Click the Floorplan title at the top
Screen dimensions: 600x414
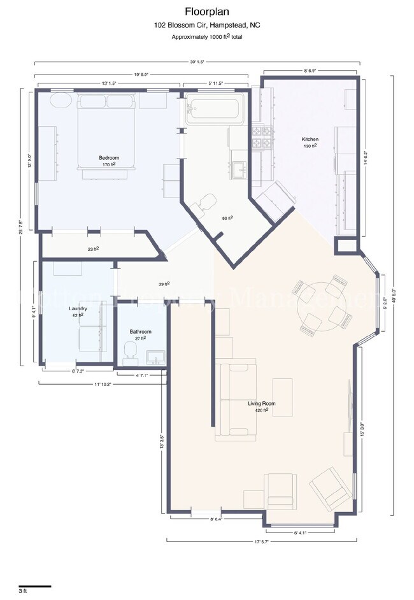206,11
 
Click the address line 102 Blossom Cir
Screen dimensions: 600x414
206,25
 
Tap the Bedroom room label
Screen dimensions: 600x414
108,158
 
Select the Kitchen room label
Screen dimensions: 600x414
310,139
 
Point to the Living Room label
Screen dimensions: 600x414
261,404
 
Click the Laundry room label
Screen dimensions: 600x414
78,308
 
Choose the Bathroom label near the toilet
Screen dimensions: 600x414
140,332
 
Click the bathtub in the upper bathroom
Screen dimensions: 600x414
212,111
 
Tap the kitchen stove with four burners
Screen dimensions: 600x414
261,136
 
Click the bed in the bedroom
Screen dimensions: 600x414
107,131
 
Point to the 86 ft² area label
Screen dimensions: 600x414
227,218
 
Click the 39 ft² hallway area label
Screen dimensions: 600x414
164,284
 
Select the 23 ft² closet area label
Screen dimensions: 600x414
93,249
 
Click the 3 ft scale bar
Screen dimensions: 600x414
34,586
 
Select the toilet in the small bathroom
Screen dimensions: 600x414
131,351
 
